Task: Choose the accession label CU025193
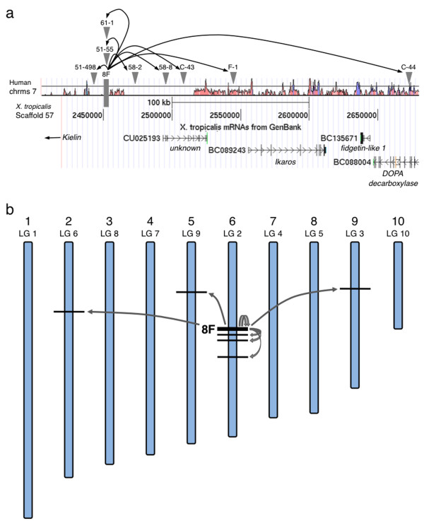pos(142,139)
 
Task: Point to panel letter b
pos(8,210)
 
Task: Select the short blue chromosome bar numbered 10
pos(398,285)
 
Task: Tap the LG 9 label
pos(190,233)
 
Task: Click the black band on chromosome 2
pos(69,311)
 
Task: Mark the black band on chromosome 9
pos(355,288)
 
